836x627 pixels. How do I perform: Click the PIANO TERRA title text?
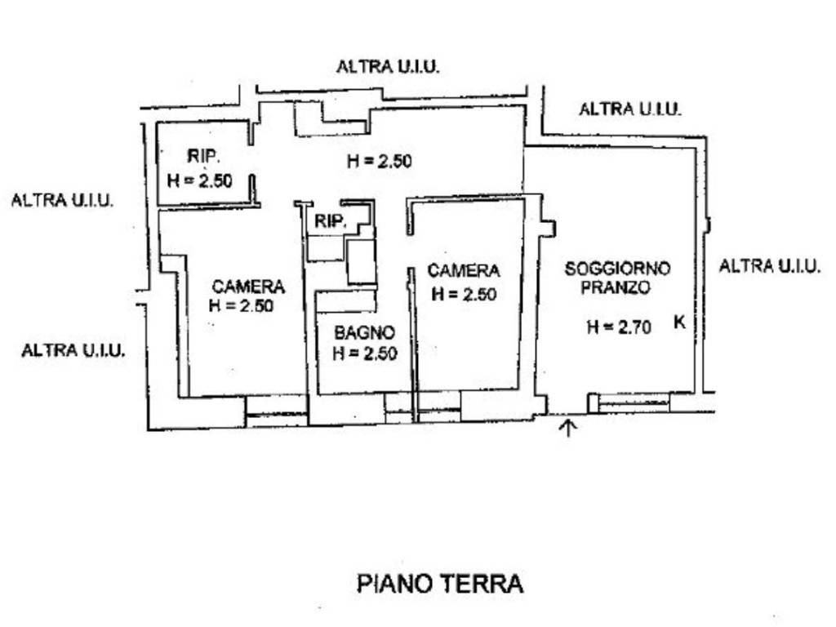440,584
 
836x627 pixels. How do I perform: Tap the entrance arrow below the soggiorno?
569,427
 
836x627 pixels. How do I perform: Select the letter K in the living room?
678,322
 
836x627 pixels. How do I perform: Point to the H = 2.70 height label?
618,327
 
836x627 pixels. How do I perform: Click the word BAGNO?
364,332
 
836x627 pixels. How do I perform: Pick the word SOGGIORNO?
617,268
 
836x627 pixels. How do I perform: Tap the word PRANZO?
617,287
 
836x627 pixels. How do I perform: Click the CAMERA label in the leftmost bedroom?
248,287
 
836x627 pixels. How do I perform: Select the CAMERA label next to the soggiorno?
463,270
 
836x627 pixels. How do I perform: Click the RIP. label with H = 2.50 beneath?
203,157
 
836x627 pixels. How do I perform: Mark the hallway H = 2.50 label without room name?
379,161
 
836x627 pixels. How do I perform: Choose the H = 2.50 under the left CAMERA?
241,306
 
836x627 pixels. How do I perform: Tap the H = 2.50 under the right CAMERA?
463,294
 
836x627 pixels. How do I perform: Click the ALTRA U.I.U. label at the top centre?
388,67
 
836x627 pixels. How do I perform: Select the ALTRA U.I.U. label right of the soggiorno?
769,265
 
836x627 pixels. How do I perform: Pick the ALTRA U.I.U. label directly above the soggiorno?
629,109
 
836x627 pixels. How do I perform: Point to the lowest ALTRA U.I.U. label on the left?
73,351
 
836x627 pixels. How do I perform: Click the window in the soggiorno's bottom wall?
634,402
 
